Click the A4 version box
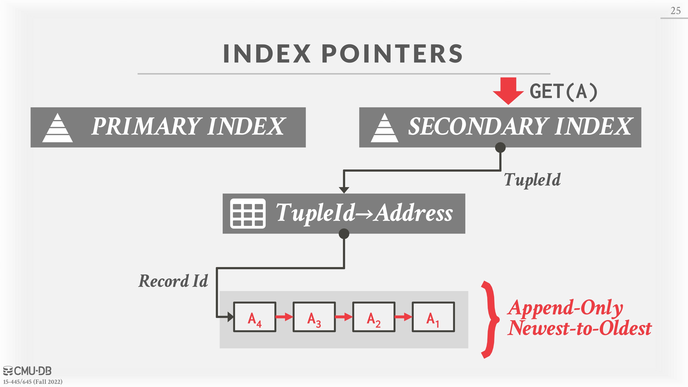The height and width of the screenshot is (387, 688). click(255, 317)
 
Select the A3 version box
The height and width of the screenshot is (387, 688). click(314, 317)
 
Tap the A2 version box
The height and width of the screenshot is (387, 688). click(374, 317)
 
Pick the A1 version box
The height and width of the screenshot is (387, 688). click(433, 317)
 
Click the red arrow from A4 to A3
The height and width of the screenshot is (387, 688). click(284, 317)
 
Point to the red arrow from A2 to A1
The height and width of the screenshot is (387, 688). click(404, 317)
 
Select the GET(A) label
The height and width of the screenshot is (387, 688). click(563, 92)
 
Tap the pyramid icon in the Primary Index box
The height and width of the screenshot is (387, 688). click(57, 128)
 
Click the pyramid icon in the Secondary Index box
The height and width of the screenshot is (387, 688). click(384, 128)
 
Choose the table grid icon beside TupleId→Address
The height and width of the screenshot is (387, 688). click(248, 213)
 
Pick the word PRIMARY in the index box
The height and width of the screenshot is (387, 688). click(146, 126)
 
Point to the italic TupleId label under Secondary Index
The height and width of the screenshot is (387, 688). click(532, 180)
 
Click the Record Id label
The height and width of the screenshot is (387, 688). click(173, 281)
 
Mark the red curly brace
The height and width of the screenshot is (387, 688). click(490, 319)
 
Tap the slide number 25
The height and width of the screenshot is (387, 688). click(676, 11)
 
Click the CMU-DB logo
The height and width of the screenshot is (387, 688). click(27, 371)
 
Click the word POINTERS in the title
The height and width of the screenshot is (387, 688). click(392, 54)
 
